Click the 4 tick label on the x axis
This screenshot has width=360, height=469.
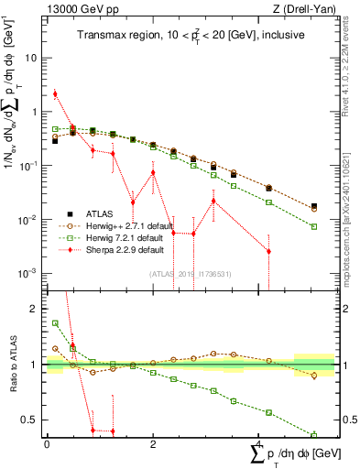point(260,443)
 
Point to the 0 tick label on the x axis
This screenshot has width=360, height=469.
point(46,443)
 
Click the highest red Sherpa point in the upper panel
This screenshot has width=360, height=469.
point(56,93)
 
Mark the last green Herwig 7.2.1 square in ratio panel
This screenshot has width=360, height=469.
point(314,435)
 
